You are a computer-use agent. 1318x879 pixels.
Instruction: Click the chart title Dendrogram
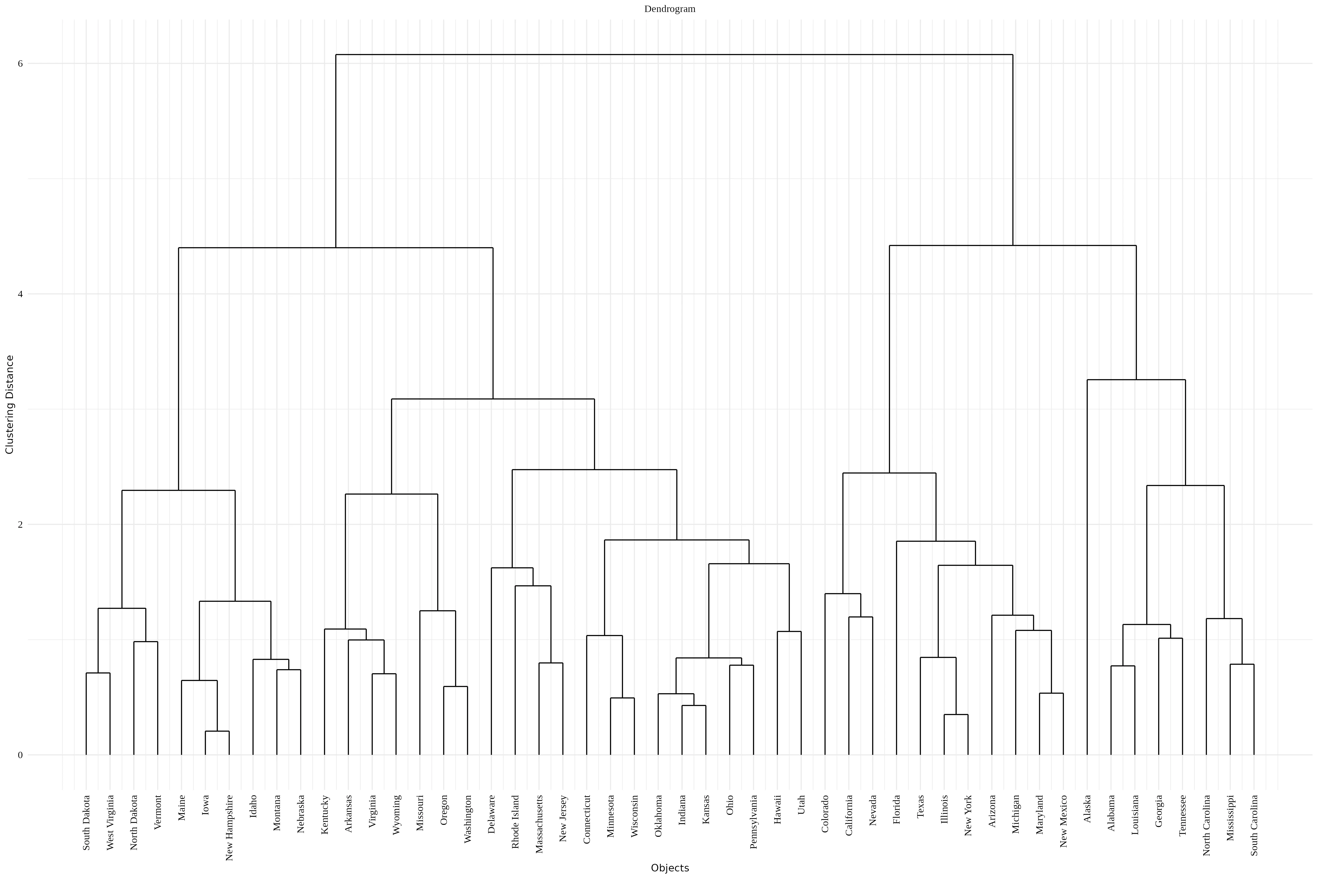670,9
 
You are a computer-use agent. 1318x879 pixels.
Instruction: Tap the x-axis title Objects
670,868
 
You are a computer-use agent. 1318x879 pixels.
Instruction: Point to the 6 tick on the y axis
21,63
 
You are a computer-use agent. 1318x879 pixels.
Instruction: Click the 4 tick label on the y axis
21,294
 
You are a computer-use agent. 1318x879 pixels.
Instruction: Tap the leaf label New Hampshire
229,827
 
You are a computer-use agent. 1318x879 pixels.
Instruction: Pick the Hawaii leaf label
777,809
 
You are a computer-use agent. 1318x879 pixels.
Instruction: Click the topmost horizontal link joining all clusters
674,54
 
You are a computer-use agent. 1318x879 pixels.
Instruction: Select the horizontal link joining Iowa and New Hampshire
217,731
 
